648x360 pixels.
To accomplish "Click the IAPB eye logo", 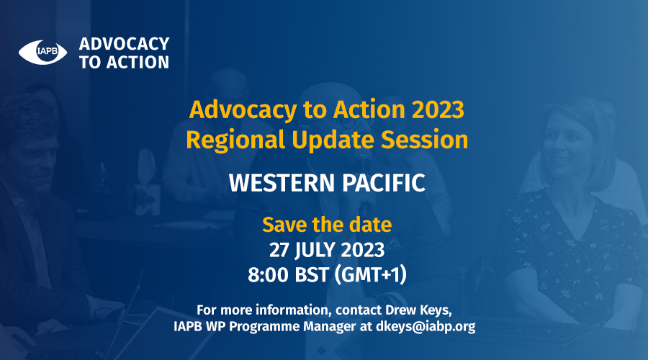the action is [x=42, y=52].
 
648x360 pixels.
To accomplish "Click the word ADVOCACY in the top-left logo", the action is [x=124, y=44].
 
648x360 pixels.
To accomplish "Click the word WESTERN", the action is [x=281, y=183].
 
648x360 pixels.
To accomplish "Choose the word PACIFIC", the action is [x=384, y=183].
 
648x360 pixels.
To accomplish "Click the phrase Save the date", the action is [x=327, y=225].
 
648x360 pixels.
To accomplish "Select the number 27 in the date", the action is [x=279, y=250].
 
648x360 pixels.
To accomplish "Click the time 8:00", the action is [x=268, y=275].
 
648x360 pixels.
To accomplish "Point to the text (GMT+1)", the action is [x=370, y=275].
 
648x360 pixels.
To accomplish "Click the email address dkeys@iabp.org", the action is [x=426, y=327].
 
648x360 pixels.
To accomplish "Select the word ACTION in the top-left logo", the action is [x=138, y=63].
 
